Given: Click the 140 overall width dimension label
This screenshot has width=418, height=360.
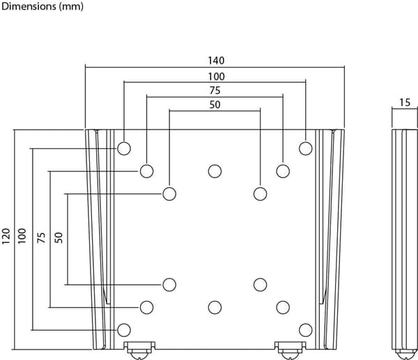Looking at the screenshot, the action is pyautogui.click(x=216, y=61).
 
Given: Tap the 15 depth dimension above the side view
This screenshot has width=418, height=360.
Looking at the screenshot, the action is pyautogui.click(x=405, y=102).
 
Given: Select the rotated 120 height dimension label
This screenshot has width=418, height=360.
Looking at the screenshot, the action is pyautogui.click(x=6, y=236).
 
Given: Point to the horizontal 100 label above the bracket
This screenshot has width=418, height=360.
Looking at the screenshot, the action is pyautogui.click(x=216, y=77).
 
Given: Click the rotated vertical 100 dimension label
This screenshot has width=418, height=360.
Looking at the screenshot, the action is pyautogui.click(x=22, y=236).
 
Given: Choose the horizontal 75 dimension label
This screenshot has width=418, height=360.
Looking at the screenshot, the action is pyautogui.click(x=215, y=91).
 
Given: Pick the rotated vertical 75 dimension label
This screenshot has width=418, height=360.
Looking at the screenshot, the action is pyautogui.click(x=42, y=237).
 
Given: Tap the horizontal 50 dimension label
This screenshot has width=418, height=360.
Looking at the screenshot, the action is pyautogui.click(x=215, y=104).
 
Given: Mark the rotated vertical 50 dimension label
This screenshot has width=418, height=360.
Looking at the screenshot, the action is pyautogui.click(x=59, y=237).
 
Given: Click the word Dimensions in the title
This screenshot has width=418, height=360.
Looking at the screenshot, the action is pyautogui.click(x=29, y=6).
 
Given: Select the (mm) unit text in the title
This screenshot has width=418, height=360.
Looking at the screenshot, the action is pyautogui.click(x=71, y=7).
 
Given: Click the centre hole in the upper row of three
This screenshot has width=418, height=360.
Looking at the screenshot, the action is pyautogui.click(x=215, y=171).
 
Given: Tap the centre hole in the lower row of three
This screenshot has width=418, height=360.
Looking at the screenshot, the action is pyautogui.click(x=215, y=308).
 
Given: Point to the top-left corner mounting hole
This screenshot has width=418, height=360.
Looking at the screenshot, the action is pyautogui.click(x=124, y=148).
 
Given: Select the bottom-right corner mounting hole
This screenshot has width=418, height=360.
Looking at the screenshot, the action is pyautogui.click(x=306, y=330).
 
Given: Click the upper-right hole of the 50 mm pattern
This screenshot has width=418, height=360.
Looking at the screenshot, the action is pyautogui.click(x=260, y=194).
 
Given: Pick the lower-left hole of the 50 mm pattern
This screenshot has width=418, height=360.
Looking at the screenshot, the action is pyautogui.click(x=169, y=285).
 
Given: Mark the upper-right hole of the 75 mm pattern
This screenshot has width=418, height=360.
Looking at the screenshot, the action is pyautogui.click(x=283, y=171).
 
